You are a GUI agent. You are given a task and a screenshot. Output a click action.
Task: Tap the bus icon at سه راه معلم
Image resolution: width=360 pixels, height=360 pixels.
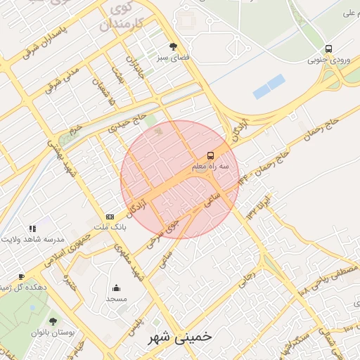[x=210, y=155]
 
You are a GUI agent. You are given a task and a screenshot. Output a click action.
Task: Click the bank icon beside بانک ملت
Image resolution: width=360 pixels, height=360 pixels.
[x=110, y=217]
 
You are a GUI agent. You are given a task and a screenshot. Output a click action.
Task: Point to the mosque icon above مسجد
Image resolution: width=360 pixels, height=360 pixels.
[x=116, y=288]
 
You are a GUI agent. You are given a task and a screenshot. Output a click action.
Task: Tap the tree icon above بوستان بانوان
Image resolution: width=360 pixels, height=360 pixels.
[x=53, y=321]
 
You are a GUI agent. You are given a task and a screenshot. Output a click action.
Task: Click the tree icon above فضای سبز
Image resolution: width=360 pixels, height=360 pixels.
[x=174, y=47]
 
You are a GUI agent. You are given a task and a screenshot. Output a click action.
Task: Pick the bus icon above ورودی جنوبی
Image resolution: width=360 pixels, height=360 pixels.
[x=328, y=49]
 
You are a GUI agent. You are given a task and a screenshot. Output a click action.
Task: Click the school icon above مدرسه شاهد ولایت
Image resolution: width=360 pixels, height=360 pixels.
[x=32, y=229]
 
